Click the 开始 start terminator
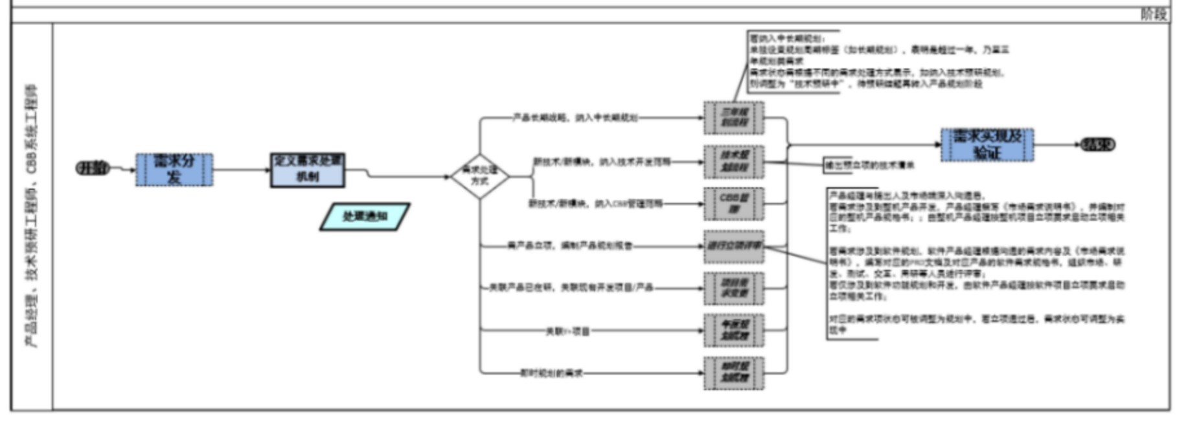(x=93, y=168)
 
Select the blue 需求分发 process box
(x=174, y=170)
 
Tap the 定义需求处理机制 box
(x=307, y=170)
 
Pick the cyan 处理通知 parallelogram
(x=365, y=216)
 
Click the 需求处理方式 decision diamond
(x=479, y=176)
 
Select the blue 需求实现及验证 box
(x=987, y=144)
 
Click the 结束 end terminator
(x=1097, y=144)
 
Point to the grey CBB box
(x=734, y=203)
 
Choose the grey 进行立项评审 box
(x=734, y=246)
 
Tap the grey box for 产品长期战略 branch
(x=734, y=117)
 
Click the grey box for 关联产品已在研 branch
(x=734, y=288)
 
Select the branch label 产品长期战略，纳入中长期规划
(x=575, y=117)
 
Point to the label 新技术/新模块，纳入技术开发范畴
(x=602, y=161)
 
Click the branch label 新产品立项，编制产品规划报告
(x=569, y=246)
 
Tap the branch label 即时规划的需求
(x=551, y=373)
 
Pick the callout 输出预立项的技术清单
(x=869, y=165)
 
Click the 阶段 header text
(x=1153, y=14)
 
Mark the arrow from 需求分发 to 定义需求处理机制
(x=241, y=170)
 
